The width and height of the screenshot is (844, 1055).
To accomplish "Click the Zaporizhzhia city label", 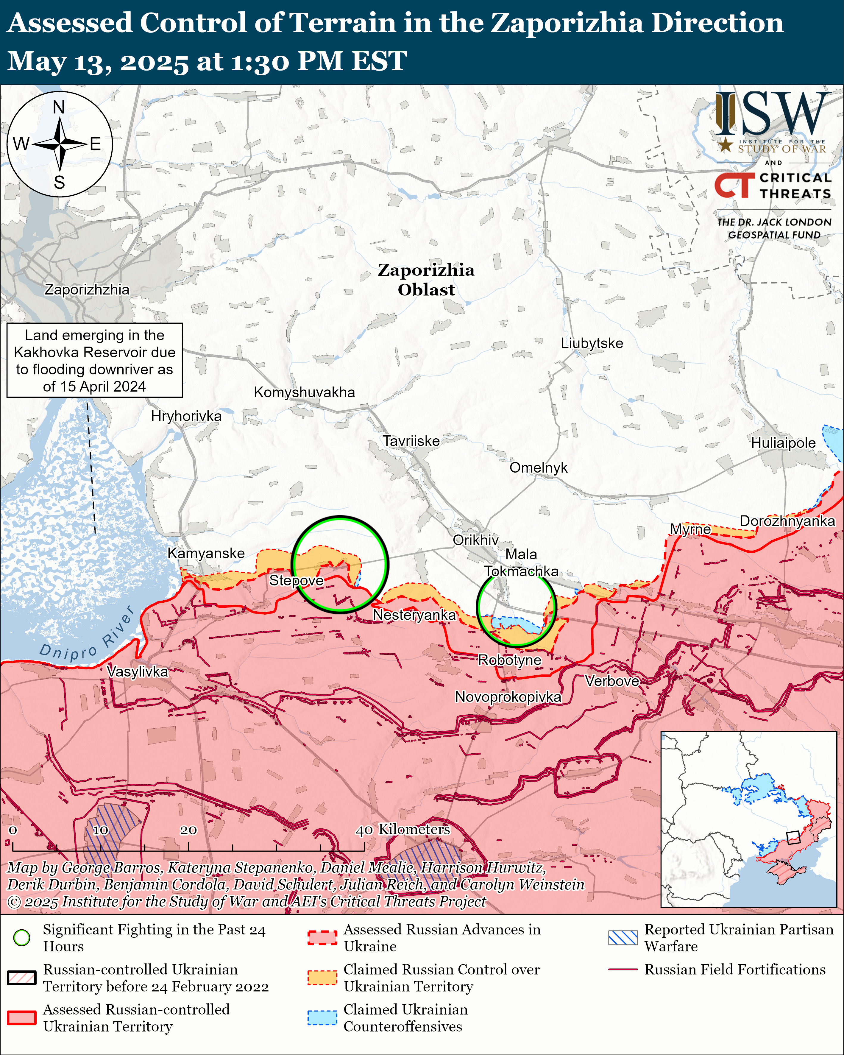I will tap(87, 290).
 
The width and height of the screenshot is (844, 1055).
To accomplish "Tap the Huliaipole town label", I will tap(783, 443).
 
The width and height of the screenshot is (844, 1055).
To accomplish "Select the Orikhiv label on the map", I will tap(475, 540).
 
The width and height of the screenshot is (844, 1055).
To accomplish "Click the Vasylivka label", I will tap(138, 671).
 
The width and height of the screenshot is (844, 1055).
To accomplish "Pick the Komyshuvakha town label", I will tap(304, 392).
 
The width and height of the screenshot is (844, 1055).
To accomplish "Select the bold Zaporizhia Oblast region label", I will tap(426, 280).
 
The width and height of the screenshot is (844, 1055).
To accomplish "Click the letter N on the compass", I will tap(59, 107).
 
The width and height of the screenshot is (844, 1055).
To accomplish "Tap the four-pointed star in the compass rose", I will tap(60, 144).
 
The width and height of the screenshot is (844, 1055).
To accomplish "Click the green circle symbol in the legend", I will tap(21, 938).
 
